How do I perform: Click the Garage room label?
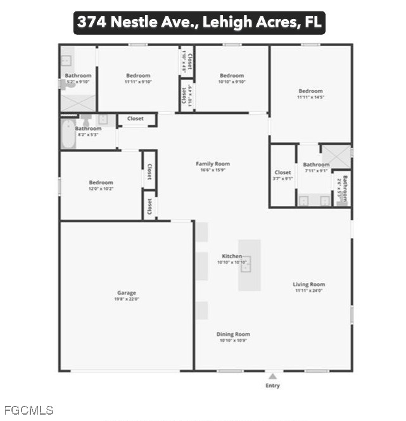pyautogui.click(x=127, y=292)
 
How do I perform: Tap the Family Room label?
pyautogui.click(x=212, y=163)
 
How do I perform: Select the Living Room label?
pyautogui.click(x=308, y=284)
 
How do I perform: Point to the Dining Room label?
pyautogui.click(x=234, y=334)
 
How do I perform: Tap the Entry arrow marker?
pyautogui.click(x=272, y=376)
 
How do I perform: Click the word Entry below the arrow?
pyautogui.click(x=272, y=386)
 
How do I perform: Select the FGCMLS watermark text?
pyautogui.click(x=29, y=410)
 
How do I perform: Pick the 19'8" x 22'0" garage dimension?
pyautogui.click(x=127, y=299)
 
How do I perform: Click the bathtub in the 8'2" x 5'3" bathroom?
pyautogui.click(x=68, y=136)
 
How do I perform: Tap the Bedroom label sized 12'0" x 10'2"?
pyautogui.click(x=101, y=183)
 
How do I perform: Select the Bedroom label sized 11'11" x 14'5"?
pyautogui.click(x=310, y=91)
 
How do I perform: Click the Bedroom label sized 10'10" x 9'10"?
pyautogui.click(x=232, y=76)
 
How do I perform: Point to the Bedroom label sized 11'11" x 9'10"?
pyautogui.click(x=137, y=76)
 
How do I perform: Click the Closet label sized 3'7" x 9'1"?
pyautogui.click(x=282, y=172)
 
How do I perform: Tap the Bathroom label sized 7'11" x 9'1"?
pyautogui.click(x=316, y=165)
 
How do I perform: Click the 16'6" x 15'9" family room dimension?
pyautogui.click(x=212, y=170)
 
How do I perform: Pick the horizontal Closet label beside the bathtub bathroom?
pyautogui.click(x=135, y=118)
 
